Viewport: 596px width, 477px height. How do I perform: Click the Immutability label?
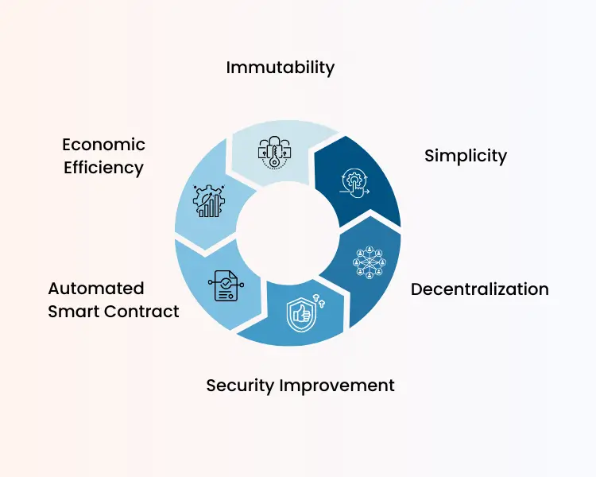(280, 67)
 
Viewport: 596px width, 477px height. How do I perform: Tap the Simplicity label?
(465, 155)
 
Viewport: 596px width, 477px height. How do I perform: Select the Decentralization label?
(479, 289)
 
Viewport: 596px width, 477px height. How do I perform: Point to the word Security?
(239, 386)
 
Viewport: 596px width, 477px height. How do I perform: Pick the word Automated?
(95, 288)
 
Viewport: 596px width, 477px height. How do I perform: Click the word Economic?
(103, 145)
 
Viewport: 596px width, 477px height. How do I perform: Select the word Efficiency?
(103, 168)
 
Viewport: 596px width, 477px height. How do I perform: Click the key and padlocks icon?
(273, 149)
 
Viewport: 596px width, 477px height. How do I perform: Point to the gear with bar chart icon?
(209, 201)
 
